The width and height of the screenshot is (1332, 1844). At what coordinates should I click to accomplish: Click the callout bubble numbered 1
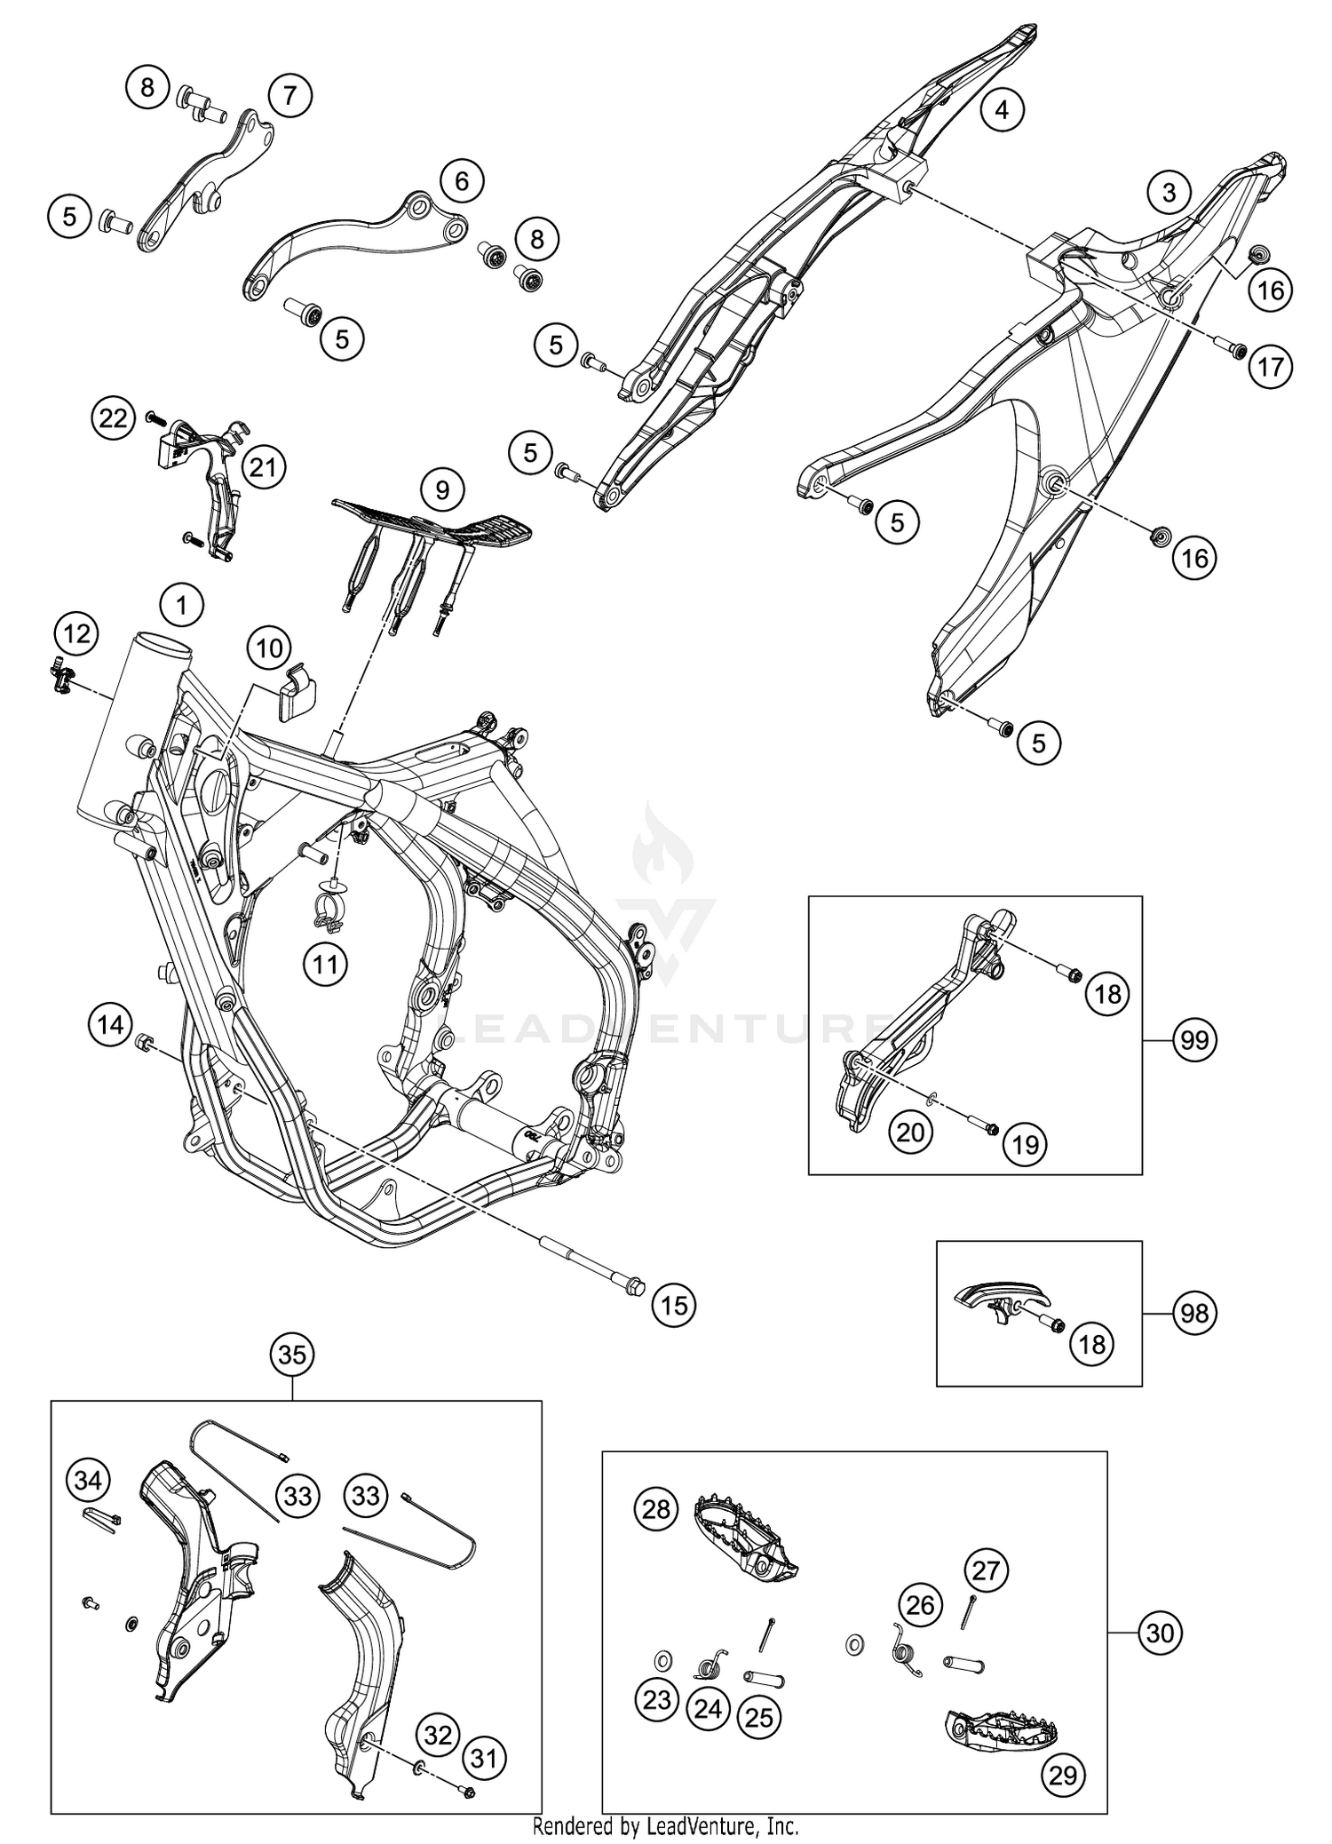(182, 606)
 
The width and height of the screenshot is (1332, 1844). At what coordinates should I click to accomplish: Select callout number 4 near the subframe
(1002, 110)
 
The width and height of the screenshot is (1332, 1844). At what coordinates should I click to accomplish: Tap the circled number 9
(442, 489)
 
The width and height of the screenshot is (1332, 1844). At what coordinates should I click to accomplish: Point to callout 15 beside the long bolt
(674, 1305)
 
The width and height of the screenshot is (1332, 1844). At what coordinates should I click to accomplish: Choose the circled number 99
(1194, 1039)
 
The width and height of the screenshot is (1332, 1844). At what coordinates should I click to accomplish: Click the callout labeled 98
(1194, 1312)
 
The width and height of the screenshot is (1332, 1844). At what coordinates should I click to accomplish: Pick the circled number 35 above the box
(292, 1355)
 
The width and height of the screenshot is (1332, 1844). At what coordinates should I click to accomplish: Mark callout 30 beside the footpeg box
(1160, 1633)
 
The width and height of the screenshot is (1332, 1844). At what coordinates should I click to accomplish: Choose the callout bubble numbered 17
(1271, 366)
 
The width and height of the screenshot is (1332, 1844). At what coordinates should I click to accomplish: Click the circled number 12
(76, 633)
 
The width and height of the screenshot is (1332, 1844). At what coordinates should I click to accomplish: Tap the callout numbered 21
(262, 466)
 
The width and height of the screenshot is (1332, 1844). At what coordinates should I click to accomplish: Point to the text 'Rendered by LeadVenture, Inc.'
(665, 1826)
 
